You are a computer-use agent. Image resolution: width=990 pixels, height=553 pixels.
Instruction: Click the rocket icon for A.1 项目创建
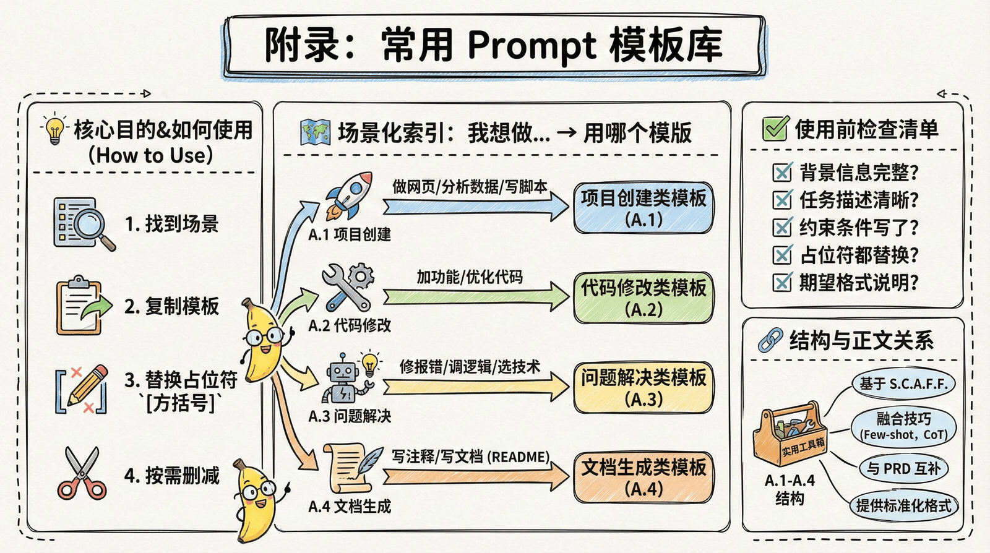[348, 196]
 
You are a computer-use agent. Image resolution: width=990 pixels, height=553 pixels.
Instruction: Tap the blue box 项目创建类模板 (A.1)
[643, 208]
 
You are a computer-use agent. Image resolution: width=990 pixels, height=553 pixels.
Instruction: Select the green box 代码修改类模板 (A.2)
[643, 298]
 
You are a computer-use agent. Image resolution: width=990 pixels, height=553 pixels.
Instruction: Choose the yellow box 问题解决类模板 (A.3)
[643, 388]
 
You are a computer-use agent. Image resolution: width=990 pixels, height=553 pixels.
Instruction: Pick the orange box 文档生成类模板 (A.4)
[643, 477]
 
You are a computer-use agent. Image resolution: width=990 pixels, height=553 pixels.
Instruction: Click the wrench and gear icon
[348, 286]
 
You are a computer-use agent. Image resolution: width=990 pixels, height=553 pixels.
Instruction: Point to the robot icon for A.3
[344, 379]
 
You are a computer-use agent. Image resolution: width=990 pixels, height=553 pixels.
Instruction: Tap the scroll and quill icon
[353, 468]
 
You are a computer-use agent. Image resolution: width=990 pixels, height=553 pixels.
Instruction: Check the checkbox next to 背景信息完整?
[782, 172]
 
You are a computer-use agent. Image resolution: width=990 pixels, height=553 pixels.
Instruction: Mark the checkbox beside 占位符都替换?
[782, 255]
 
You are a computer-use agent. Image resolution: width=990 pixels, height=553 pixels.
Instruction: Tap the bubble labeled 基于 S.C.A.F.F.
[903, 384]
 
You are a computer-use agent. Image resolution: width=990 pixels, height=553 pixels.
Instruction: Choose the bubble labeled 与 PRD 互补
[903, 469]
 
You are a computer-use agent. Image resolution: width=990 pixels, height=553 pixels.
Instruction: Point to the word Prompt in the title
[532, 45]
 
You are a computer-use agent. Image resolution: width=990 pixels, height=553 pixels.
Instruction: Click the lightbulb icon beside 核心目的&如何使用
[54, 129]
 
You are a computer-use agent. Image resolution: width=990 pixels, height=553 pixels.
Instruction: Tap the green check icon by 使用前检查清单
[775, 129]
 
